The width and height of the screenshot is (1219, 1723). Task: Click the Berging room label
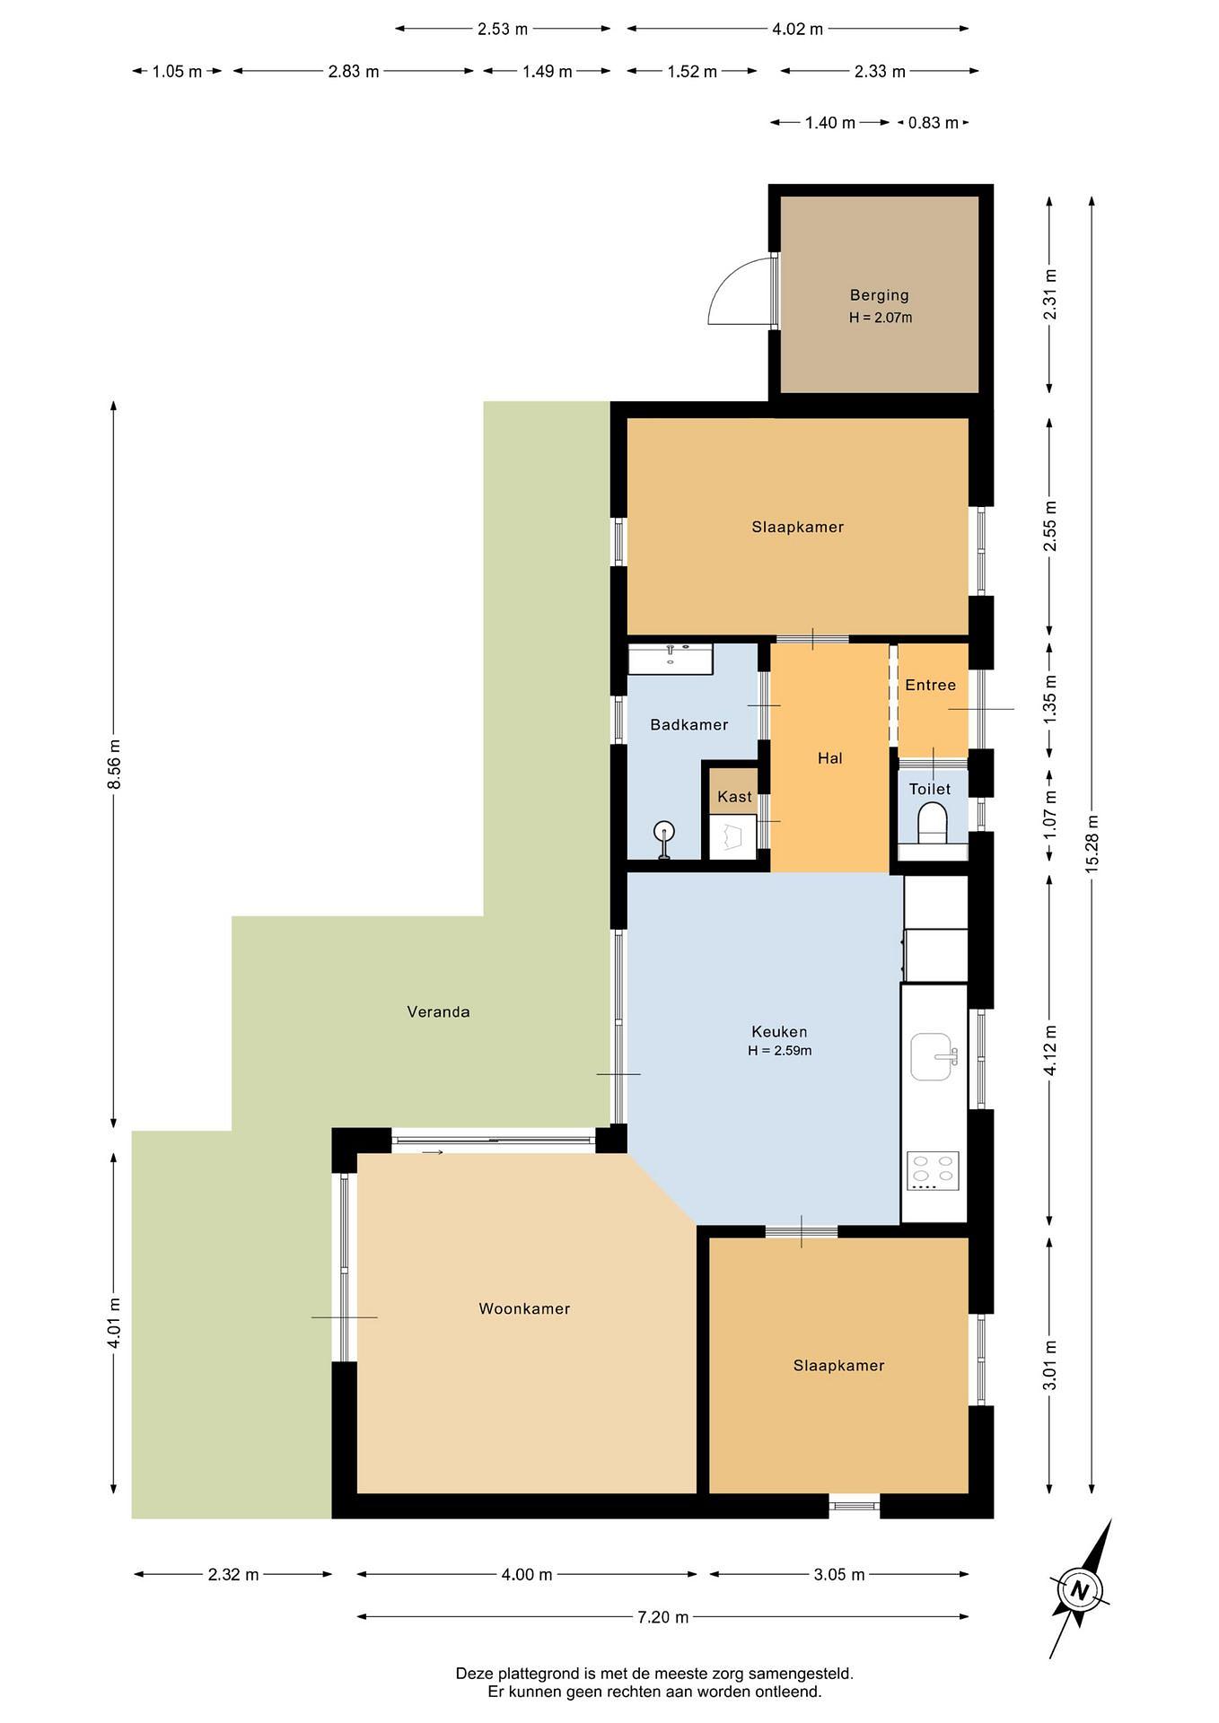(x=879, y=295)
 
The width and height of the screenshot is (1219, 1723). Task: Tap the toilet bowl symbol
(x=933, y=824)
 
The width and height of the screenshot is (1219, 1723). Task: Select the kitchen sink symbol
(x=934, y=1057)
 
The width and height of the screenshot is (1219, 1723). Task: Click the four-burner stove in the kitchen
(x=933, y=1171)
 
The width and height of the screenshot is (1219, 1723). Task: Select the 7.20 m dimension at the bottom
(x=662, y=1617)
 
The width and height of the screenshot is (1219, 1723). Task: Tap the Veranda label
(x=438, y=1012)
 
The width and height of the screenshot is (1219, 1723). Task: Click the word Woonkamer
(x=524, y=1309)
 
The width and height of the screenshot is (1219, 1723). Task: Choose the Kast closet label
(x=734, y=797)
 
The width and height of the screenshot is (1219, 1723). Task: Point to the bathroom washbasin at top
(x=670, y=659)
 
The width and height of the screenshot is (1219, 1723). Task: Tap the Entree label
(x=930, y=686)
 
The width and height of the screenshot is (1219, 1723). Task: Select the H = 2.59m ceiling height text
(x=779, y=1051)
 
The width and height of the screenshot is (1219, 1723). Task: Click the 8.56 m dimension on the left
(x=113, y=765)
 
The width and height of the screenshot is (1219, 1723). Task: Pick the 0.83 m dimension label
(x=933, y=123)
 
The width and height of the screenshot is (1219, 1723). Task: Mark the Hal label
(x=829, y=758)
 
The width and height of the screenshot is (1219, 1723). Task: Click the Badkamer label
(x=689, y=725)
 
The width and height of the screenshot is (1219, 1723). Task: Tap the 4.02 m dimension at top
(x=797, y=30)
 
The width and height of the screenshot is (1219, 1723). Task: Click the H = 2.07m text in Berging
(x=881, y=318)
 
